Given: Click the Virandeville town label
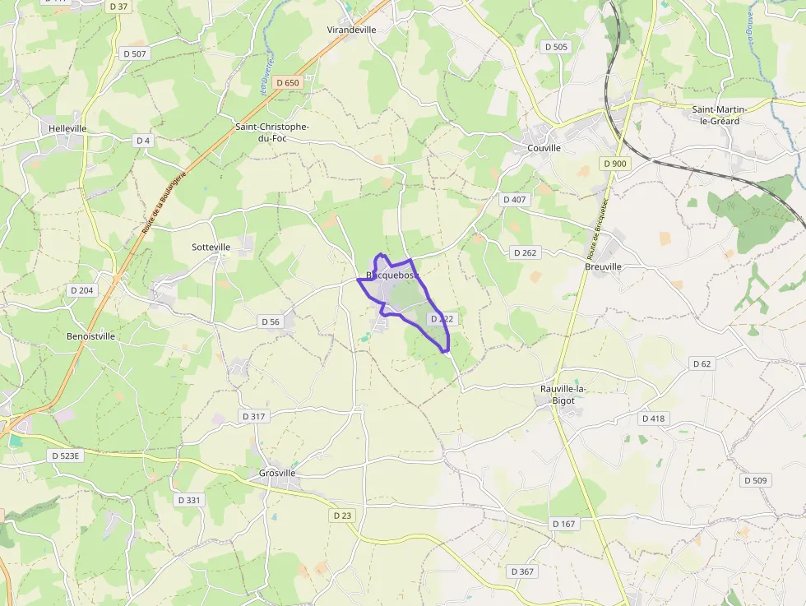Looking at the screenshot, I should (351, 30).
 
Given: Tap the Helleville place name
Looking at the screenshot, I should (67, 129).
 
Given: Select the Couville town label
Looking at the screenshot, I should (543, 148).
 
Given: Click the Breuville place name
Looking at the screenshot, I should (603, 266).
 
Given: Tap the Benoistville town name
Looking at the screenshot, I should (90, 336).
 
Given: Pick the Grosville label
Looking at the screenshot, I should (277, 473).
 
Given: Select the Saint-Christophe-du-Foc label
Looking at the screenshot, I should (272, 132).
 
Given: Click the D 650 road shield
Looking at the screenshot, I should (288, 82).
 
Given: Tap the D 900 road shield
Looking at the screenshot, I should (614, 164).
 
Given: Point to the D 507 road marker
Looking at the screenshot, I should (133, 53).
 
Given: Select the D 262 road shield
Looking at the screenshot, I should (525, 252).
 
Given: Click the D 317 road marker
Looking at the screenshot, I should (255, 417).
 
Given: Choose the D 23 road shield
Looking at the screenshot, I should (343, 516).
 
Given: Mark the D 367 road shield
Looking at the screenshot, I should (522, 571).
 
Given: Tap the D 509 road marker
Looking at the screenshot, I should (755, 480).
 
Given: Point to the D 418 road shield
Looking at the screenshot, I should (653, 419).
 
